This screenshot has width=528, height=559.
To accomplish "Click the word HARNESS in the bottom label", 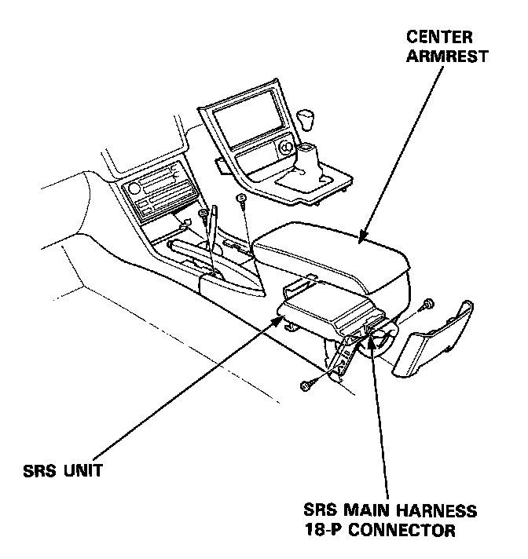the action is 439,511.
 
